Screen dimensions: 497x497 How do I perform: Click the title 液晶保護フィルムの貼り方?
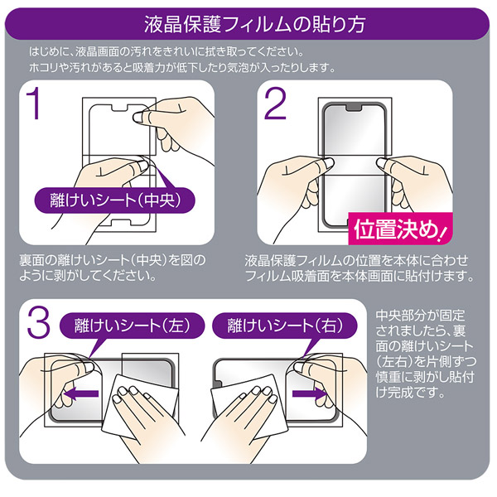tap(255, 24)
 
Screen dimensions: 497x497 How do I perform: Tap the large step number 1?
tap(34, 104)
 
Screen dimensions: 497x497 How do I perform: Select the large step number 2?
tap(275, 104)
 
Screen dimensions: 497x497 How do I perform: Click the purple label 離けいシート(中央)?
tap(115, 200)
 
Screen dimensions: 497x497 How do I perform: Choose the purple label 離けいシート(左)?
tap(133, 326)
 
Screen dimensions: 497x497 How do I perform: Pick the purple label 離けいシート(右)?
tap(285, 326)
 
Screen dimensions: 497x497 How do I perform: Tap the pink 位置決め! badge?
tap(400, 229)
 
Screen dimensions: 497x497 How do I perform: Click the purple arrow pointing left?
tap(81, 394)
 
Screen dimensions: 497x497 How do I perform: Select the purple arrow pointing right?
tap(310, 393)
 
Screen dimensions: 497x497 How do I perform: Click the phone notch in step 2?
tap(354, 108)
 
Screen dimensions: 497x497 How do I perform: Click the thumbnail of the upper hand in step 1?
tap(138, 118)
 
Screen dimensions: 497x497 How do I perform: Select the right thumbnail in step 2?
tap(382, 162)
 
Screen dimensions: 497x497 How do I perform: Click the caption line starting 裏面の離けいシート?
tap(113, 260)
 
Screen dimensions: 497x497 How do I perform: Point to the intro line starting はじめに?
tap(166, 51)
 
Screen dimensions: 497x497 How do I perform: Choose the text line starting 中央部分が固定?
tap(420, 316)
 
